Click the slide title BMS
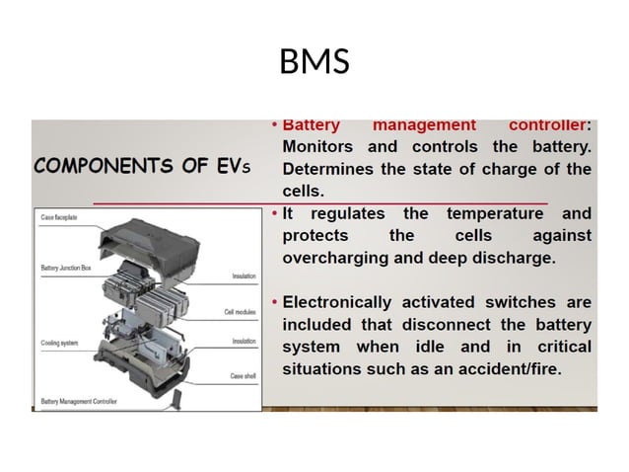[x=314, y=62]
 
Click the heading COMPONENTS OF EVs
[x=143, y=165]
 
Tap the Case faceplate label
[x=60, y=215]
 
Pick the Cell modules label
[x=241, y=312]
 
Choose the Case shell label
[x=244, y=376]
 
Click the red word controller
[x=547, y=125]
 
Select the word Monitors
[x=324, y=147]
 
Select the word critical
[x=563, y=347]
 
